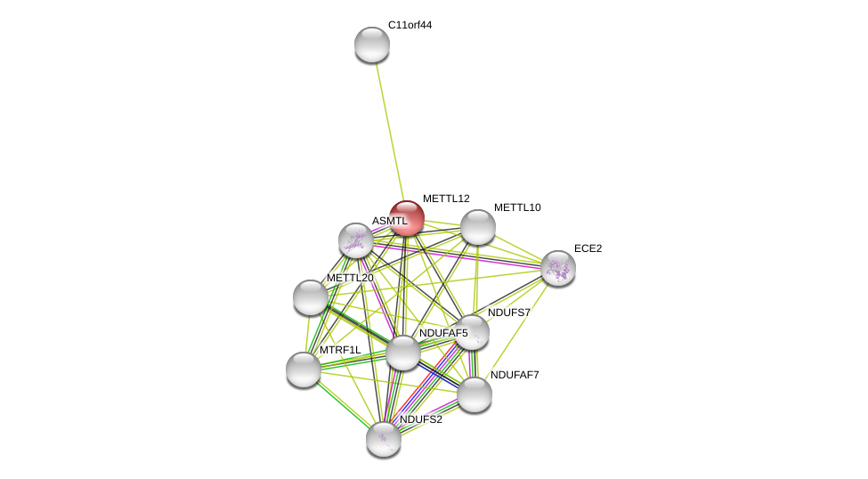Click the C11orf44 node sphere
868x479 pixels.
pyautogui.click(x=372, y=45)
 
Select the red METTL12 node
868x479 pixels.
pyautogui.click(x=407, y=218)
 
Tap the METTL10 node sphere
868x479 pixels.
pyautogui.click(x=478, y=227)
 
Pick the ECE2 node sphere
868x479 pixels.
pyautogui.click(x=558, y=269)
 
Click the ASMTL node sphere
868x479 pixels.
pyautogui.click(x=356, y=240)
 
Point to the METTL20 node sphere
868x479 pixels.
pyautogui.click(x=311, y=297)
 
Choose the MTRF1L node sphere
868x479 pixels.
pyautogui.click(x=304, y=369)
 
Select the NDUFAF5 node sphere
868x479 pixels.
pyautogui.click(x=403, y=353)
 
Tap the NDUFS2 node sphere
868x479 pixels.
pyautogui.click(x=384, y=439)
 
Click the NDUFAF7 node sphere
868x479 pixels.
pyautogui.click(x=475, y=394)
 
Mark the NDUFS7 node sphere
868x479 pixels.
pyautogui.click(x=472, y=332)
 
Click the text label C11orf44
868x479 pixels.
pyautogui.click(x=410, y=26)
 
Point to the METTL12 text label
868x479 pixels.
pyautogui.click(x=446, y=199)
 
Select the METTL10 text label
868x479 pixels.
pyautogui.click(x=517, y=207)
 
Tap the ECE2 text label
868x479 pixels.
pyautogui.click(x=588, y=248)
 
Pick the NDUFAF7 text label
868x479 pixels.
pyautogui.click(x=515, y=375)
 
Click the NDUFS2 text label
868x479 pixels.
pyautogui.click(x=421, y=419)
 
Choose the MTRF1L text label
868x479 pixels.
pyautogui.click(x=340, y=351)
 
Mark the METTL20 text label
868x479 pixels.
pyautogui.click(x=351, y=278)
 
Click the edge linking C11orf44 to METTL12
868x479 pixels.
pyautogui.click(x=390, y=132)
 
